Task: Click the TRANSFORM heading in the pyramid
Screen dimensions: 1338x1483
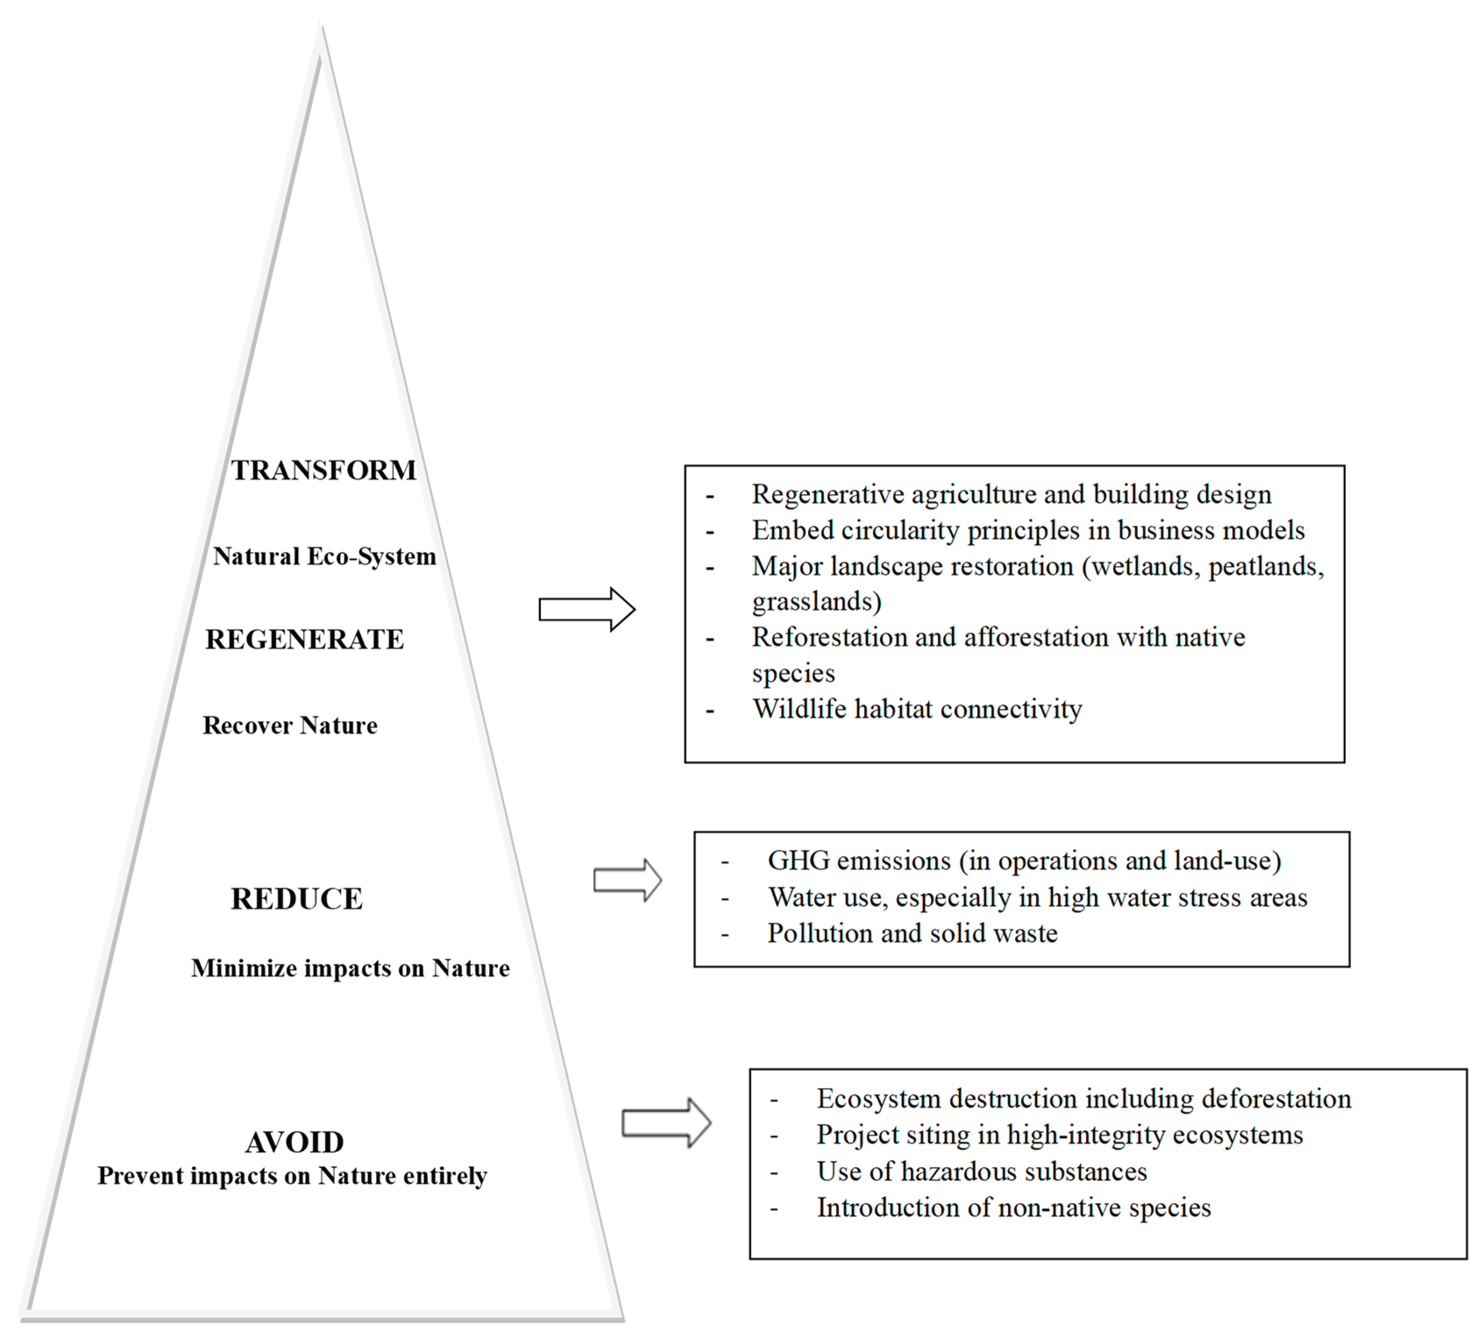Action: point(323,471)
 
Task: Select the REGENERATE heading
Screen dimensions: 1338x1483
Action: point(305,639)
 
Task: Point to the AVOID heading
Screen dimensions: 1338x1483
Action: point(294,1143)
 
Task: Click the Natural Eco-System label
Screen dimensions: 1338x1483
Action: point(324,557)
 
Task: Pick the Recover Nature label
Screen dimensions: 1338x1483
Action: point(290,726)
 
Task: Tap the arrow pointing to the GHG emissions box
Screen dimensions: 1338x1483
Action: point(627,880)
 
